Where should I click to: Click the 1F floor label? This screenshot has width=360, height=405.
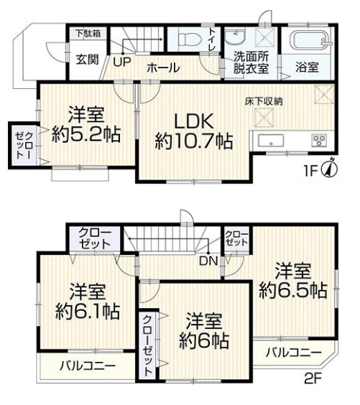310,171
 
